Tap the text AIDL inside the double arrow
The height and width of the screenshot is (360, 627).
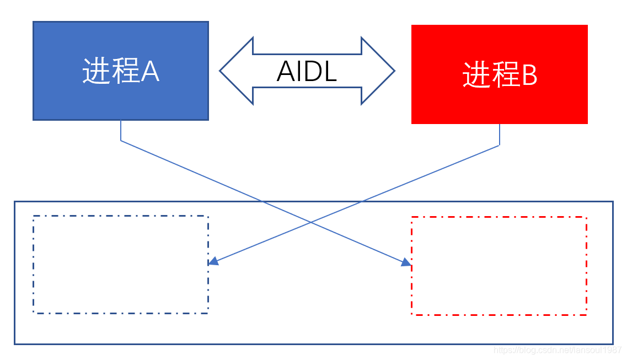[x=307, y=71]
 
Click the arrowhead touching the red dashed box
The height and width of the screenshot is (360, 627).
[x=406, y=262]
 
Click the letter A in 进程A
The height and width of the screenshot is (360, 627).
[x=149, y=71]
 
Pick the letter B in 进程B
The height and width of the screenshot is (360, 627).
[x=529, y=75]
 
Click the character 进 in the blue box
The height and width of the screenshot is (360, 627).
[x=94, y=71]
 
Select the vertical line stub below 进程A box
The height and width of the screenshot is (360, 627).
[x=121, y=130]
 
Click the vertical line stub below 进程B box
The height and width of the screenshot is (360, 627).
[x=500, y=135]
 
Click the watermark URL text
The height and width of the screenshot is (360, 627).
[x=558, y=350]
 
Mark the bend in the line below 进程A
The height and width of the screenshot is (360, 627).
[x=121, y=141]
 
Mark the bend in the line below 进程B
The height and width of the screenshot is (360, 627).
[x=500, y=146]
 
